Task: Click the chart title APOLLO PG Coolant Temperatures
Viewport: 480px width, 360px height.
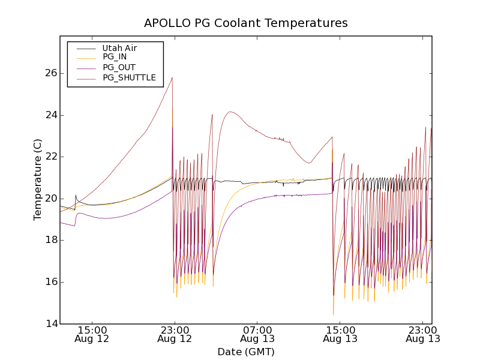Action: (x=245, y=23)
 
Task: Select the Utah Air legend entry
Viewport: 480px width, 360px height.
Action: (x=119, y=48)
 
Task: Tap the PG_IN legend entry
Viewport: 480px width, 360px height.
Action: (x=115, y=57)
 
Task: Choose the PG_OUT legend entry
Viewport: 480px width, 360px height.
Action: (x=119, y=67)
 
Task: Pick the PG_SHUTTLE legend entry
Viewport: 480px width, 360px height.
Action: (x=129, y=77)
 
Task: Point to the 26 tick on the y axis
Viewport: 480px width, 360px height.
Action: (x=50, y=73)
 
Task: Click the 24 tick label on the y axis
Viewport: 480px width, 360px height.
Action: (x=50, y=115)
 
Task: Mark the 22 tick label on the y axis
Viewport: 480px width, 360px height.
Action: (x=50, y=157)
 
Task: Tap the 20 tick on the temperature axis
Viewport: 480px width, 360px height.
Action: (x=50, y=199)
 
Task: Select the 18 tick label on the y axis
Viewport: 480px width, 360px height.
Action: (x=50, y=240)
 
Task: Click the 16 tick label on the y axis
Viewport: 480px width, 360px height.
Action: (x=50, y=282)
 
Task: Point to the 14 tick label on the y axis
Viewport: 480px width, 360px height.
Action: (x=50, y=324)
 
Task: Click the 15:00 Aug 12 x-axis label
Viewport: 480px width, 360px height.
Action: (x=92, y=334)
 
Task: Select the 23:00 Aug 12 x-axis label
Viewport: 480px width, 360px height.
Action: (x=175, y=334)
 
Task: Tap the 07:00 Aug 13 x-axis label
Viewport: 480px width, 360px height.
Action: (x=257, y=334)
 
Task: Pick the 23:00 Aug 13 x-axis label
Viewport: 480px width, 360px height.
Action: (x=422, y=334)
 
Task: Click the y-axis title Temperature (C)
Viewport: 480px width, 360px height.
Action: (x=38, y=179)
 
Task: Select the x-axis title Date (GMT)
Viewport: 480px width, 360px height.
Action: (x=245, y=352)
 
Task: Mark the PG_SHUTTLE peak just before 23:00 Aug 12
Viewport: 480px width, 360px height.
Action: (x=172, y=77)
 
